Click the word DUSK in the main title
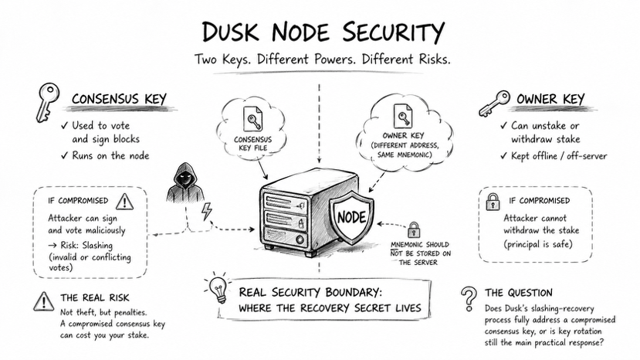point(231,32)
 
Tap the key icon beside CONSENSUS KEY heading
point(47,102)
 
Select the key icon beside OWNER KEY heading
point(494,104)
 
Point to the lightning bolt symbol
point(207,212)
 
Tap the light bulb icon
point(218,287)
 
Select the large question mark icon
point(469,298)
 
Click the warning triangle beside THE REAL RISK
point(43,301)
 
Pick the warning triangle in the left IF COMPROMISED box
point(124,201)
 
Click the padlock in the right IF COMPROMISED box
point(493,202)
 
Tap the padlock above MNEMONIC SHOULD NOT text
point(414,229)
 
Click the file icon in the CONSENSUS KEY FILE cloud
point(252,118)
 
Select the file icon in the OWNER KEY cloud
point(403,116)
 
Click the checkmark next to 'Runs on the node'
point(64,156)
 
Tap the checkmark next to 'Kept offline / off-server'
point(504,156)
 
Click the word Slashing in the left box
point(97,246)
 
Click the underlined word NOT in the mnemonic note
point(396,253)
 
